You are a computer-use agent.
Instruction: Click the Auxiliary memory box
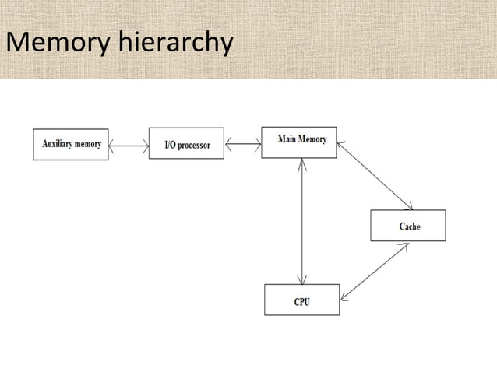click(71, 144)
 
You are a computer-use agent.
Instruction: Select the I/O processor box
click(186, 144)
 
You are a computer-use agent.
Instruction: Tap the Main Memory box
click(299, 142)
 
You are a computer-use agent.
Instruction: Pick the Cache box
click(408, 226)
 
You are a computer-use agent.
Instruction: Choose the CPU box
click(301, 300)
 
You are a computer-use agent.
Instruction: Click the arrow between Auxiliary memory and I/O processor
click(129, 145)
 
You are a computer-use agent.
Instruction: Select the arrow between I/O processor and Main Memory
click(242, 143)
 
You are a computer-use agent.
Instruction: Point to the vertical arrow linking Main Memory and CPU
click(301, 221)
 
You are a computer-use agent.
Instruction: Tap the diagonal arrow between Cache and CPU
click(374, 271)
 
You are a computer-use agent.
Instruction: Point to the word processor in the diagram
click(195, 145)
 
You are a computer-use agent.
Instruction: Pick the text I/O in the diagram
click(171, 145)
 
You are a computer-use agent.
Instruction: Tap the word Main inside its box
click(287, 139)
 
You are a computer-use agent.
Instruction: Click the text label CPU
click(302, 301)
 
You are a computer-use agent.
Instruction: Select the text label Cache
click(410, 226)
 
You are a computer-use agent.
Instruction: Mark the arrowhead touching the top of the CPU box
click(301, 279)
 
